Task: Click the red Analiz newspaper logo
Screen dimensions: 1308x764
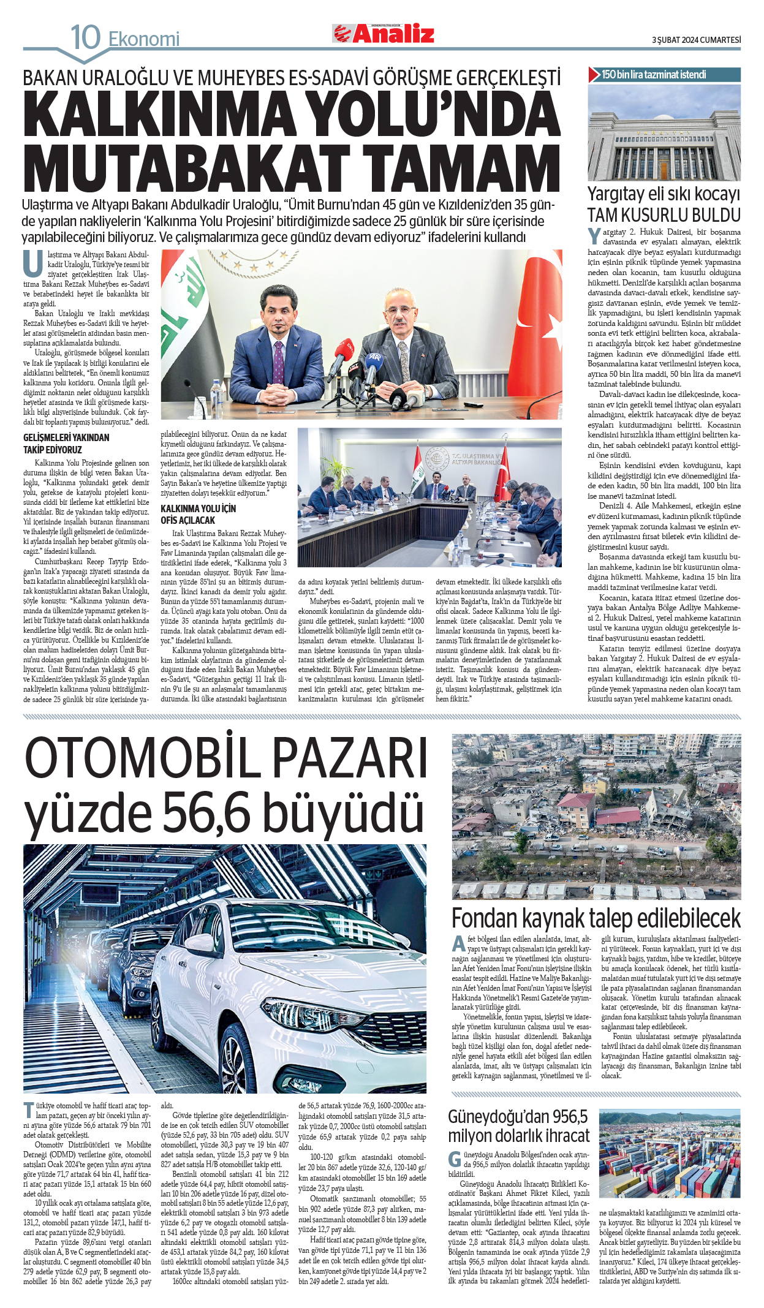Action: pos(384,34)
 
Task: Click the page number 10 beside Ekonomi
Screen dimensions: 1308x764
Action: pos(86,38)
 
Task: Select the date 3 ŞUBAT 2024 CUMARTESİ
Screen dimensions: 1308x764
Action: pos(696,40)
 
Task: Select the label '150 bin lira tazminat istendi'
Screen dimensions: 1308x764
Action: pos(654,75)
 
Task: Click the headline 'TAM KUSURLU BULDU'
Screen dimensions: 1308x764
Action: pos(664,215)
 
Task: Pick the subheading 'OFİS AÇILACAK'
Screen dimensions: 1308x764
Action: pos(188,520)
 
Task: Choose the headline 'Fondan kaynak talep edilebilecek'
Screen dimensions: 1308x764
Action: pos(596,918)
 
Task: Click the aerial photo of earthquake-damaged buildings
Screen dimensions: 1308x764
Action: pos(596,816)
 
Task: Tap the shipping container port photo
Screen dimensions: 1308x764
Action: pos(669,1155)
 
